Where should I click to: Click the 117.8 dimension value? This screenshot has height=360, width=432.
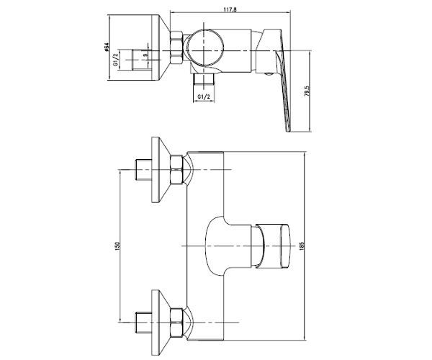tap(230, 9)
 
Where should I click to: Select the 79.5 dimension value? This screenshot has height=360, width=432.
tap(307, 91)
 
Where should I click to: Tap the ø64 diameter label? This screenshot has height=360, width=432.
tap(107, 48)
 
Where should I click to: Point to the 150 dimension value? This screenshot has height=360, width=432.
tap(117, 246)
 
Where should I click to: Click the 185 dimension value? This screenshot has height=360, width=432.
tap(301, 246)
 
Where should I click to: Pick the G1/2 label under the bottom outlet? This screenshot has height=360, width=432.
tap(204, 96)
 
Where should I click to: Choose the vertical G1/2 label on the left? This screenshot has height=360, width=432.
tap(116, 59)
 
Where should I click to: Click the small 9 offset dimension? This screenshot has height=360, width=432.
tap(145, 55)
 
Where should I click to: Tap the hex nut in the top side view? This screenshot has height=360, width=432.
tap(176, 48)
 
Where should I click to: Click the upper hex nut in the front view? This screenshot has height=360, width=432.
tap(176, 170)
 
